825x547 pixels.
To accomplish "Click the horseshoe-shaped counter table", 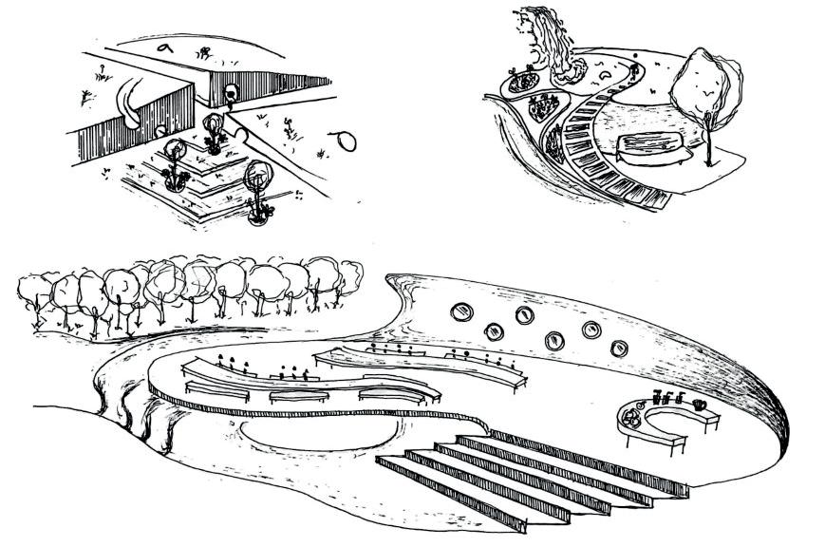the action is [655, 428].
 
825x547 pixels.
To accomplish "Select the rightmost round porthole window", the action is [619, 348].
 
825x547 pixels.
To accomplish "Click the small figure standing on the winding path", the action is [634, 68].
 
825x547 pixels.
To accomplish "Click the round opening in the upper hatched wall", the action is [230, 93].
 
